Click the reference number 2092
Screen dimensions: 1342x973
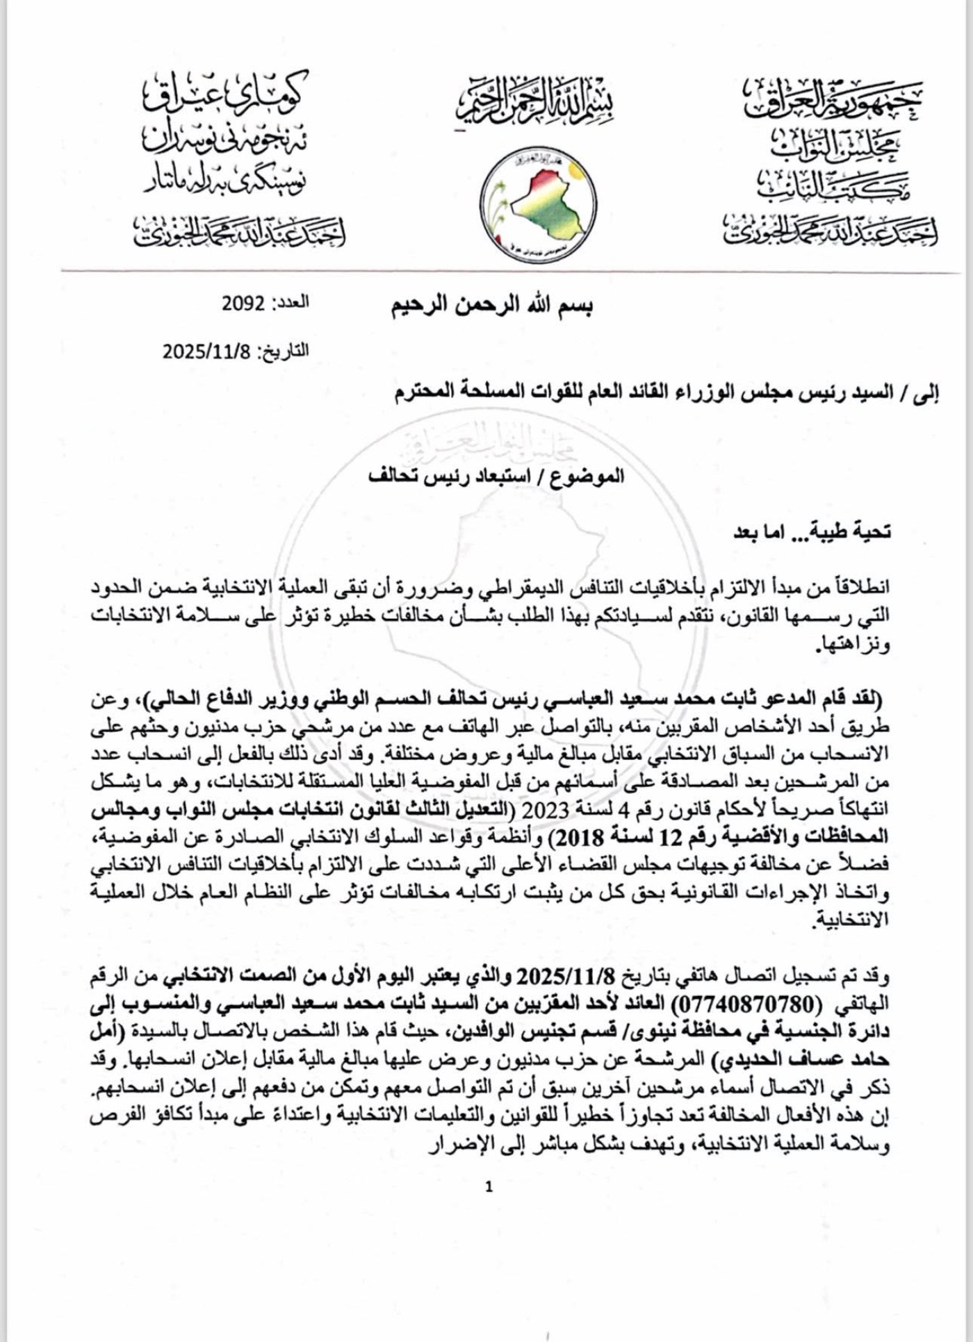[243, 304]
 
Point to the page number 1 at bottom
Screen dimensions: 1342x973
[489, 1187]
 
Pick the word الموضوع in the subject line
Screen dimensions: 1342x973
[593, 477]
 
